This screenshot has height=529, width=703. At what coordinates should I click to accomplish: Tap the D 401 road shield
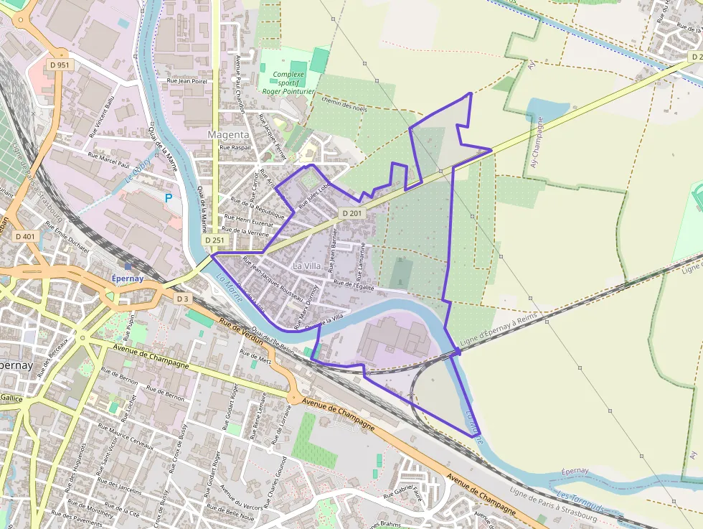[24, 236]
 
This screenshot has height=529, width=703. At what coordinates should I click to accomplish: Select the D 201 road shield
[351, 213]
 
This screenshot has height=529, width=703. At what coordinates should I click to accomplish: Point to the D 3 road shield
[182, 298]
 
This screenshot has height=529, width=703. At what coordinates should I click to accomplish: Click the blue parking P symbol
[169, 197]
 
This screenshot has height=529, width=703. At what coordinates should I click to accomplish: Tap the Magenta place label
[228, 134]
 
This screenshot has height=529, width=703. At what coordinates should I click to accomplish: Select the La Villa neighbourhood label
[308, 266]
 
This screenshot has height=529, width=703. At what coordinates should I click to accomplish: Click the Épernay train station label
[128, 278]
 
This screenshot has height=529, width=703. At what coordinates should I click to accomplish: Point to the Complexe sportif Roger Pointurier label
[288, 83]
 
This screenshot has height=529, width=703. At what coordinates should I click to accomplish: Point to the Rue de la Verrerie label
[246, 232]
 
